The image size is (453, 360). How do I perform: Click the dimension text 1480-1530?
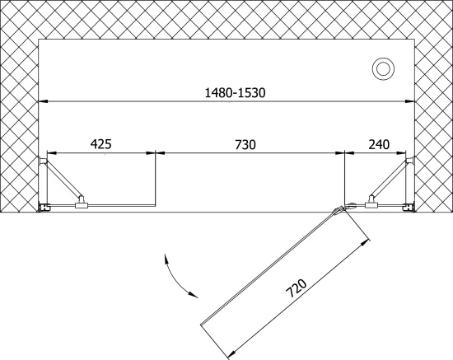(x=235, y=93)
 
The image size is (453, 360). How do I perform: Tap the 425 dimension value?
(x=100, y=143)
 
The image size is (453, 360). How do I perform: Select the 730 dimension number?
(x=245, y=144)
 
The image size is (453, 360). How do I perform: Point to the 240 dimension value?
(x=379, y=144)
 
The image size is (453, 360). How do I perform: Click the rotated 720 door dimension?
(x=296, y=288)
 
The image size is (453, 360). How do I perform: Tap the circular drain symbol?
(x=383, y=69)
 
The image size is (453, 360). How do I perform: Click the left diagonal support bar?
(x=63, y=179)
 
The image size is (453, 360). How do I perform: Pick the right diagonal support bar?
(x=390, y=179)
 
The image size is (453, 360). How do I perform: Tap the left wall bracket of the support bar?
(x=43, y=161)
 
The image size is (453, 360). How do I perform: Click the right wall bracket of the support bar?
(x=410, y=161)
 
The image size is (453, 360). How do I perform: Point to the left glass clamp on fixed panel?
(x=82, y=203)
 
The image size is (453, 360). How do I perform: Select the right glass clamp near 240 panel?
(x=371, y=203)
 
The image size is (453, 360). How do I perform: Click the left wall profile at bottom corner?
(x=44, y=207)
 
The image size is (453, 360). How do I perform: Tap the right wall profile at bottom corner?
(x=409, y=207)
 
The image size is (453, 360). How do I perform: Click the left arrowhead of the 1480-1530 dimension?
(x=44, y=101)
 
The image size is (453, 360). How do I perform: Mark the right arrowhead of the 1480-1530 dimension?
(x=410, y=101)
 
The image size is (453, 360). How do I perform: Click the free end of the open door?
(x=201, y=325)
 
